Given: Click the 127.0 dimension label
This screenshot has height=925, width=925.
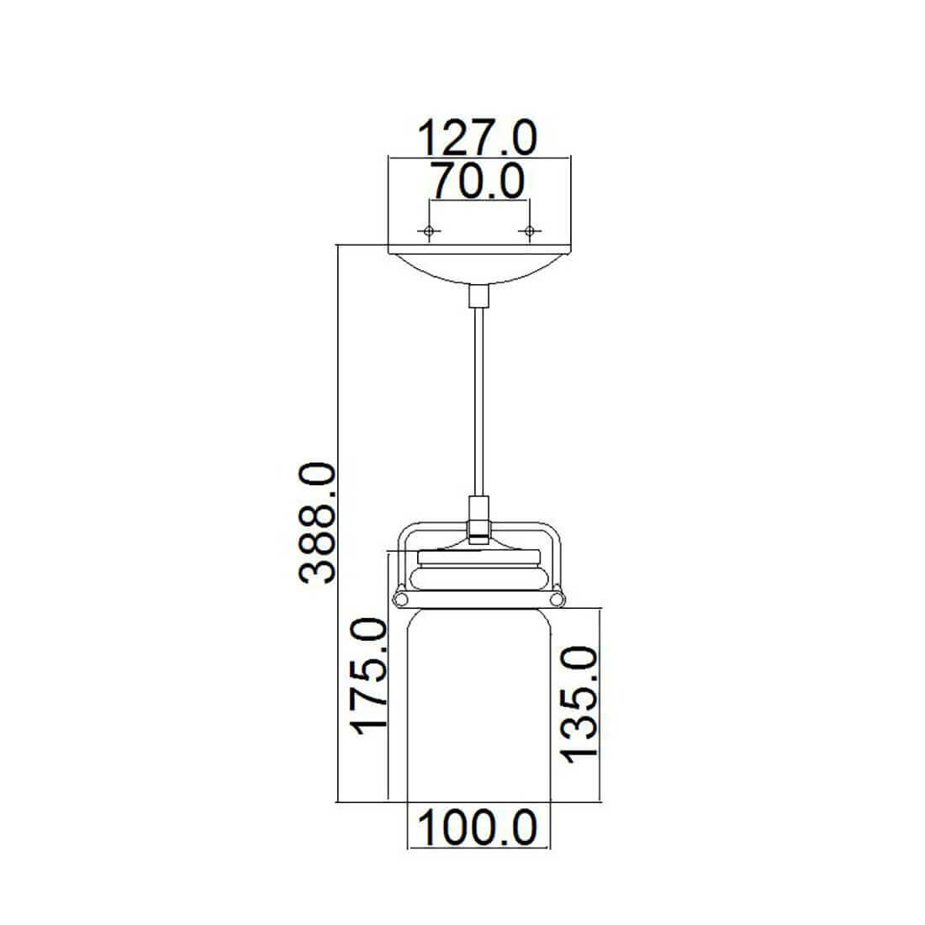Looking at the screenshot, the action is [478, 137].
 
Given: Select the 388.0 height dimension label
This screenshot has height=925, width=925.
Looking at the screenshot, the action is [318, 523].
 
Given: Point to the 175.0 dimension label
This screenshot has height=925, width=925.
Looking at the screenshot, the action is [368, 675].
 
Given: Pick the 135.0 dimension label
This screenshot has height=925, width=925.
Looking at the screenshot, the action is [579, 705].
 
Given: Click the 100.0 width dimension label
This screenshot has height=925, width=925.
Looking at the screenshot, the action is [478, 827].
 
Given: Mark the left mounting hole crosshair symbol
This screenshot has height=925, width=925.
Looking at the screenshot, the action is [429, 230].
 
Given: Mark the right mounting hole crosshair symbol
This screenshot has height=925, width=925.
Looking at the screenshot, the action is [529, 230].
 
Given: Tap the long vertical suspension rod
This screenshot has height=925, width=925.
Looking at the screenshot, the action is [479, 401].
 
